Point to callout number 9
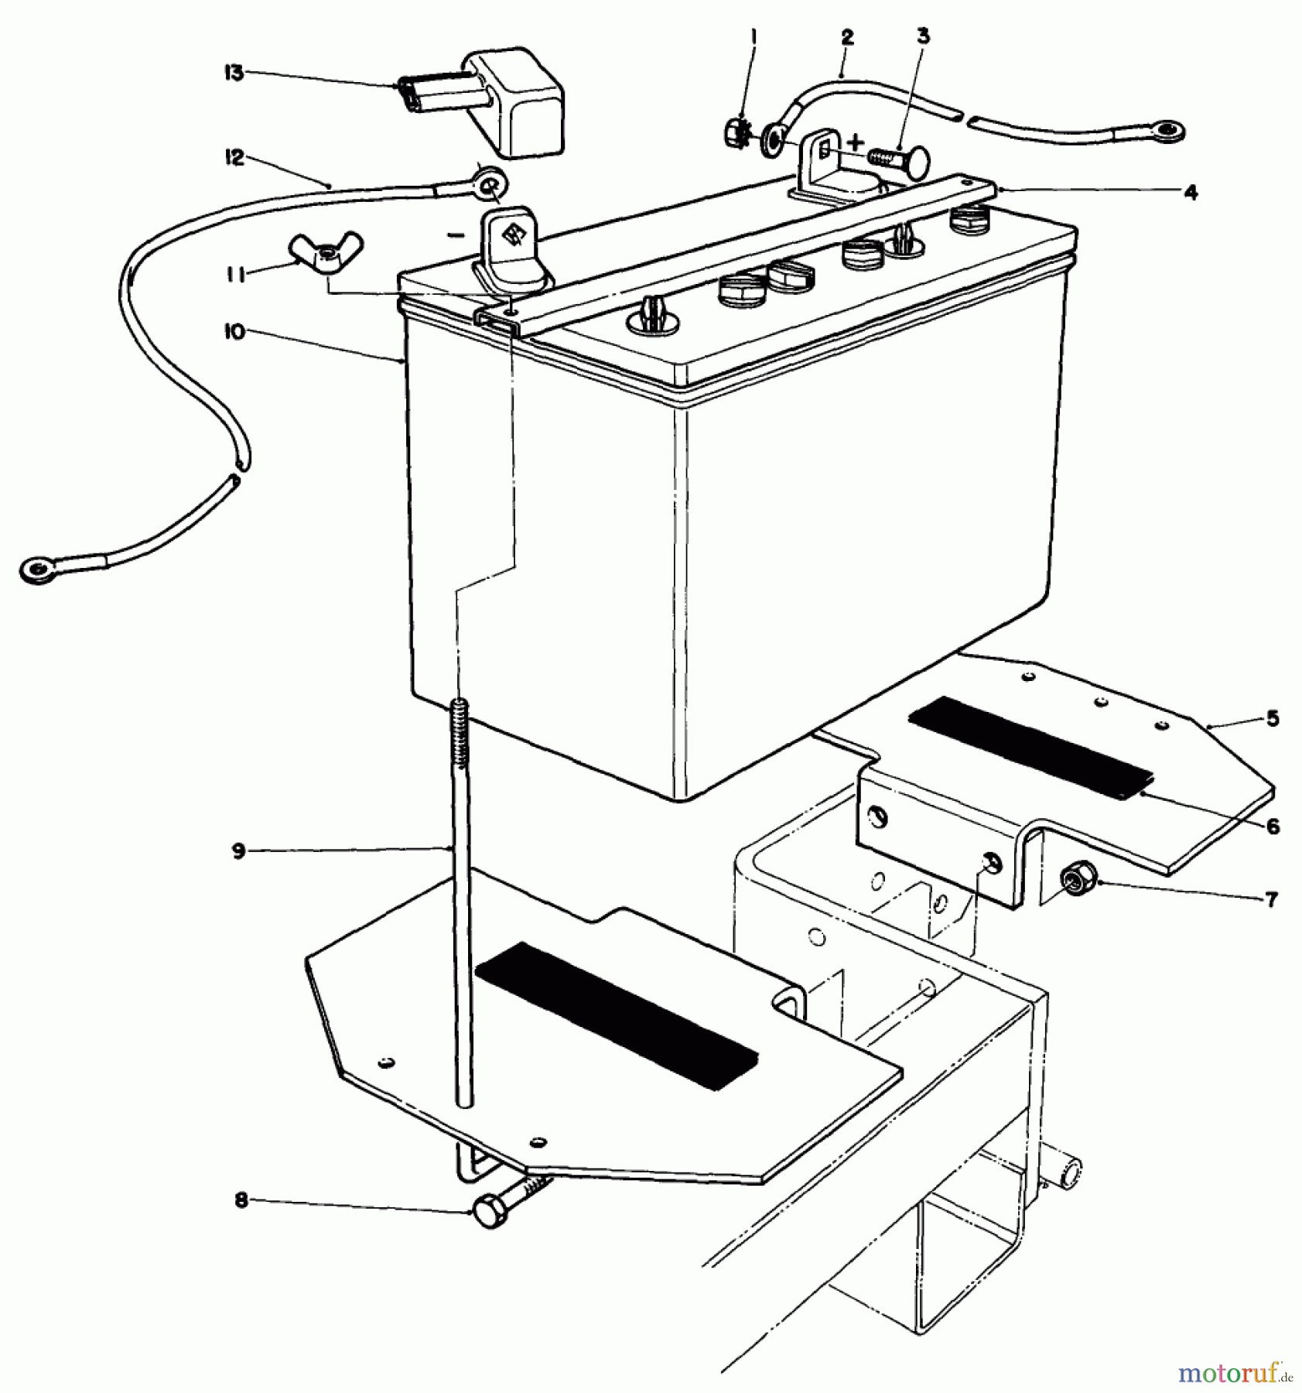[x=238, y=851]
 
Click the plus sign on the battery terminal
[x=855, y=142]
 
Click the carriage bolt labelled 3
[x=901, y=159]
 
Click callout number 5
[x=1273, y=719]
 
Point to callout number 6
[x=1273, y=827]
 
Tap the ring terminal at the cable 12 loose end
[x=36, y=570]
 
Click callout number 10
[x=234, y=332]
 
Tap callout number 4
[x=1191, y=192]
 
